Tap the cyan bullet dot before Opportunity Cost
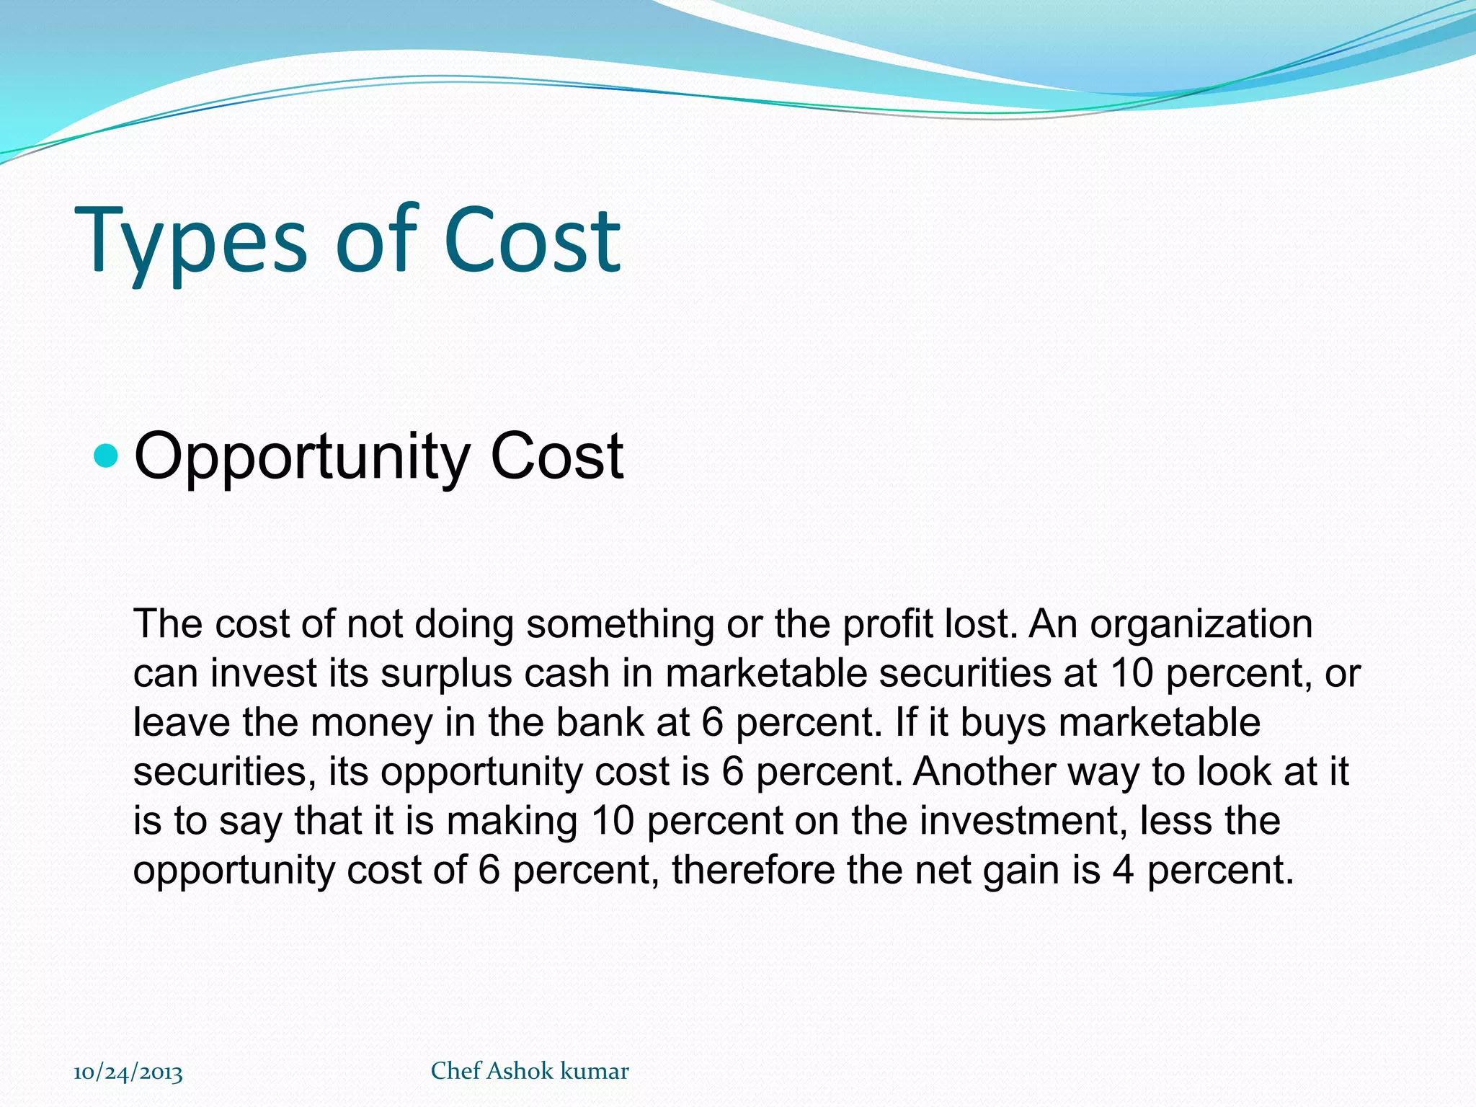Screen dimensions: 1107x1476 pos(106,455)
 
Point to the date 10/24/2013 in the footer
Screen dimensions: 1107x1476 pos(128,1072)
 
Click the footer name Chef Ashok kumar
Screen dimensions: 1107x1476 pos(530,1071)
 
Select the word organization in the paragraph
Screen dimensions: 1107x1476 pos(1201,624)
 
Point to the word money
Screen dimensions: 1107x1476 pos(371,722)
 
